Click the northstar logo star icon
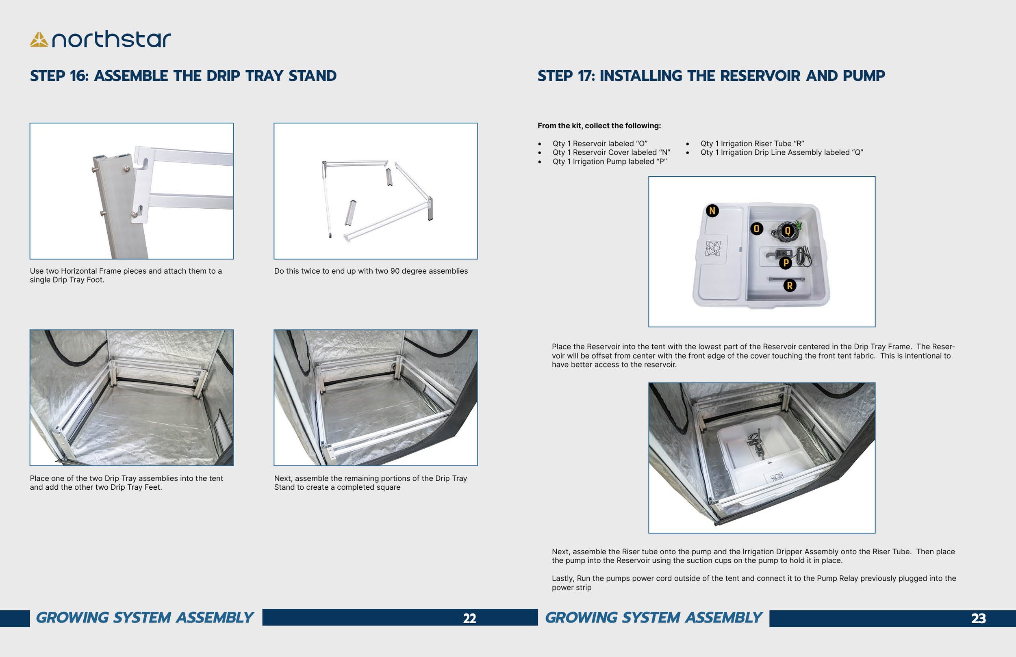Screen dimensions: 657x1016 click(x=39, y=40)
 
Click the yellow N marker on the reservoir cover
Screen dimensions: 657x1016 click(x=712, y=211)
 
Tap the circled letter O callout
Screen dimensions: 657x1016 click(x=756, y=229)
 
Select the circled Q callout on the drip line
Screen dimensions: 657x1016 click(x=788, y=231)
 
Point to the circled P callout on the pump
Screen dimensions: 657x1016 click(x=786, y=263)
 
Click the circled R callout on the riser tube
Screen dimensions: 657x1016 click(x=790, y=285)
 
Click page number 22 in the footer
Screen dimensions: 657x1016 click(x=469, y=618)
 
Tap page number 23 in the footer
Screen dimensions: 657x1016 click(x=978, y=618)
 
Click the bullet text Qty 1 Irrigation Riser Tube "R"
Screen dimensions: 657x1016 click(x=752, y=144)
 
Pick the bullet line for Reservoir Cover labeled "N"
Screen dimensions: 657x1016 click(x=611, y=152)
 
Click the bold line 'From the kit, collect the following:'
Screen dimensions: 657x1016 click(x=599, y=126)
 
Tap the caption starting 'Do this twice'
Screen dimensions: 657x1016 click(x=371, y=271)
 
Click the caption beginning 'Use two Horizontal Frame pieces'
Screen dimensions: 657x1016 click(x=126, y=275)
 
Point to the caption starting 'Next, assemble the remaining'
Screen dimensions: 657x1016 click(x=371, y=482)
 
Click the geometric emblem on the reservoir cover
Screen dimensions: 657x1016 click(x=712, y=248)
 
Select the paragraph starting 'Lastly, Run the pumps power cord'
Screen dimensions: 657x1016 click(x=753, y=583)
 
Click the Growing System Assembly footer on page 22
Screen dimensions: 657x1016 click(x=145, y=618)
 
